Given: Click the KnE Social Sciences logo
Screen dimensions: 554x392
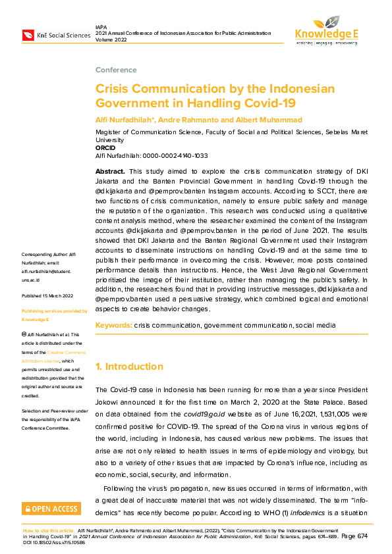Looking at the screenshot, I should coord(56,35).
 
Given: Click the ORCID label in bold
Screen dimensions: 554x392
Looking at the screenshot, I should coord(105,148).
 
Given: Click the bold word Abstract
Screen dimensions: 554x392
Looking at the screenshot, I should coord(110,171).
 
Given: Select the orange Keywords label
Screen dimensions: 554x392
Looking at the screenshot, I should coord(113,326).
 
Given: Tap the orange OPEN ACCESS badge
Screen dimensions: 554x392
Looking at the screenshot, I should coord(51,509).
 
